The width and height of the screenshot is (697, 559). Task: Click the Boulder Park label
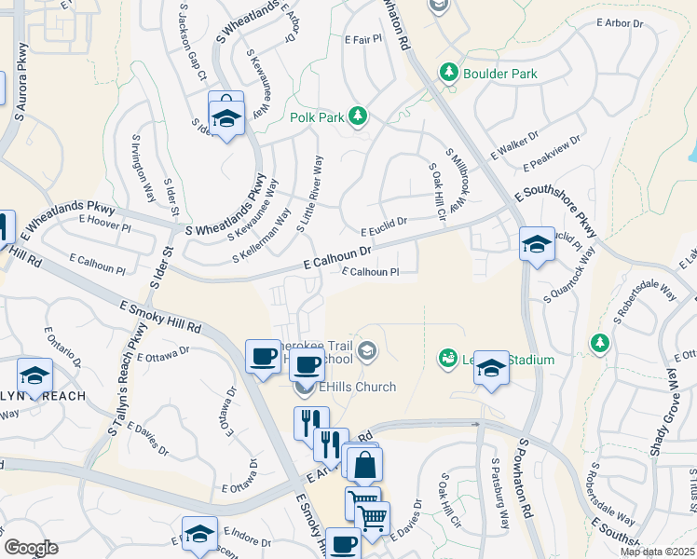(x=502, y=74)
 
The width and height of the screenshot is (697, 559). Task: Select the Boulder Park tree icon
(x=449, y=72)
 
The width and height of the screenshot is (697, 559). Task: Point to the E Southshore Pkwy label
(x=555, y=211)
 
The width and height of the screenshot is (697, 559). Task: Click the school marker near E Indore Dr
(x=199, y=535)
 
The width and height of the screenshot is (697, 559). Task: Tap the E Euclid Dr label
(x=384, y=226)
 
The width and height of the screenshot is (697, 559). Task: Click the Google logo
(x=31, y=548)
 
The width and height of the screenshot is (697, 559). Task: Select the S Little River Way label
(x=309, y=194)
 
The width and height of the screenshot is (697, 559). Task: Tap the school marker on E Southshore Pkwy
(x=537, y=245)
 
